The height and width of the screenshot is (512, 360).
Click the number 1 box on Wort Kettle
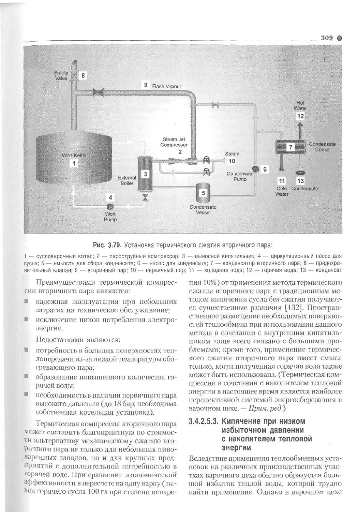click(x=74, y=163)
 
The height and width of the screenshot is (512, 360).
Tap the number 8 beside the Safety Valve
click(x=84, y=76)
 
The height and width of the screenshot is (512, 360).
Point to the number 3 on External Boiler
click(x=145, y=174)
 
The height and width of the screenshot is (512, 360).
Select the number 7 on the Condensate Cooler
click(x=291, y=147)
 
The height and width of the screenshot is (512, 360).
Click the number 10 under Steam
click(x=232, y=161)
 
